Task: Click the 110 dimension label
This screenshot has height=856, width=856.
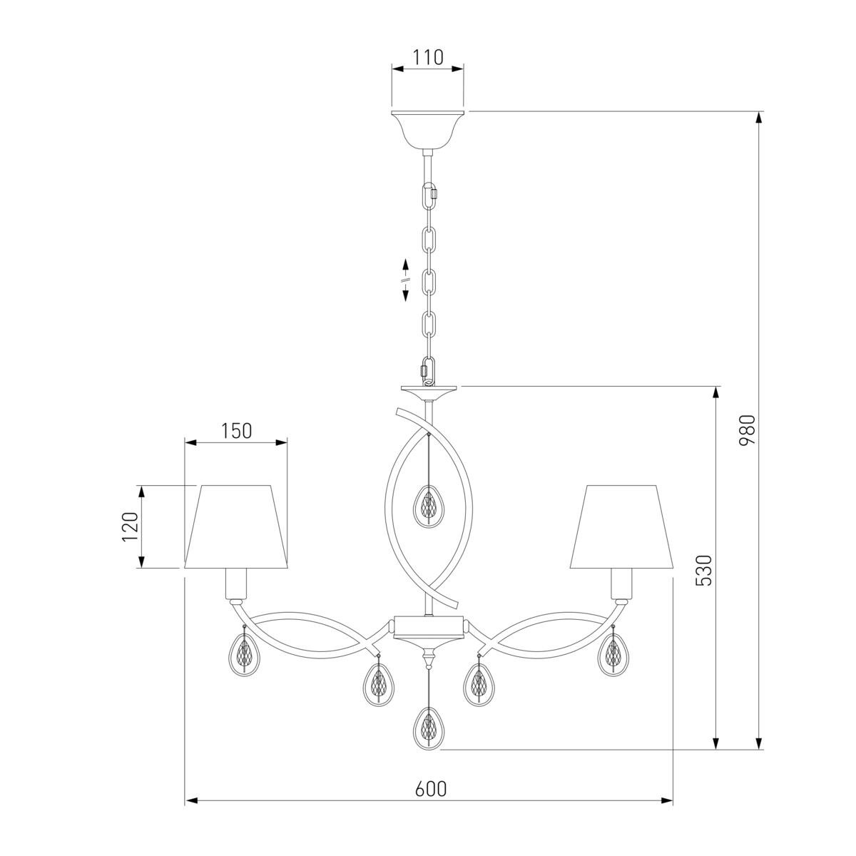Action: pyautogui.click(x=428, y=57)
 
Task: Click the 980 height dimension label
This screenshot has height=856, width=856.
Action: pyautogui.click(x=747, y=429)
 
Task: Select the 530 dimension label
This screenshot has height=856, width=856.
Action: pyautogui.click(x=703, y=570)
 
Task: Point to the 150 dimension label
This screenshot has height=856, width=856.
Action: pyautogui.click(x=236, y=430)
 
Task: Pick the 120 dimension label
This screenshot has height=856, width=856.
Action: pyautogui.click(x=130, y=526)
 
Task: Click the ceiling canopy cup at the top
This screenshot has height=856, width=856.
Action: pyautogui.click(x=428, y=130)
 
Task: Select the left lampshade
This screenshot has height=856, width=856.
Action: pyautogui.click(x=236, y=526)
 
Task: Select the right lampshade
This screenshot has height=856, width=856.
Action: pyautogui.click(x=621, y=526)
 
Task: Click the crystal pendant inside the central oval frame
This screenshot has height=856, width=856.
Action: pyautogui.click(x=428, y=507)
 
